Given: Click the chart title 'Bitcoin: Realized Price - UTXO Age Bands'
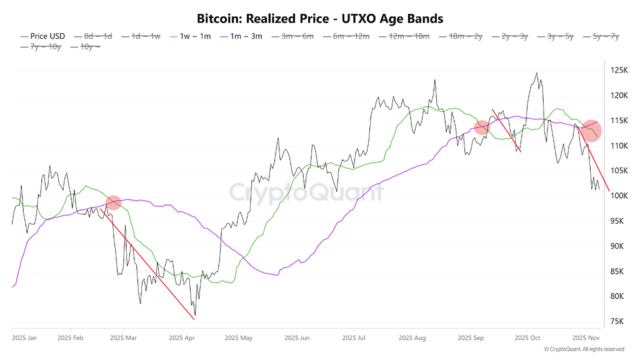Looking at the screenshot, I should click(319, 18).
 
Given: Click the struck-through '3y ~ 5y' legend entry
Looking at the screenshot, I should click(561, 36).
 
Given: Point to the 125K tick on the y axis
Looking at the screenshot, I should click(619, 70).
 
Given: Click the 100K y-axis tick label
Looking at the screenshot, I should click(619, 196).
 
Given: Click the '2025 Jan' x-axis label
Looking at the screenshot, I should click(24, 338).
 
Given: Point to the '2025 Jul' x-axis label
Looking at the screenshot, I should click(354, 338).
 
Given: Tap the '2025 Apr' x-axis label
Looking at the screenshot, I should click(181, 338).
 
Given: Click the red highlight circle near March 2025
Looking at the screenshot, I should click(113, 202).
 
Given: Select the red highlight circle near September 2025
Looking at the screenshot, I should click(481, 127).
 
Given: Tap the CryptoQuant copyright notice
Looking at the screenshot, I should click(584, 349).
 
